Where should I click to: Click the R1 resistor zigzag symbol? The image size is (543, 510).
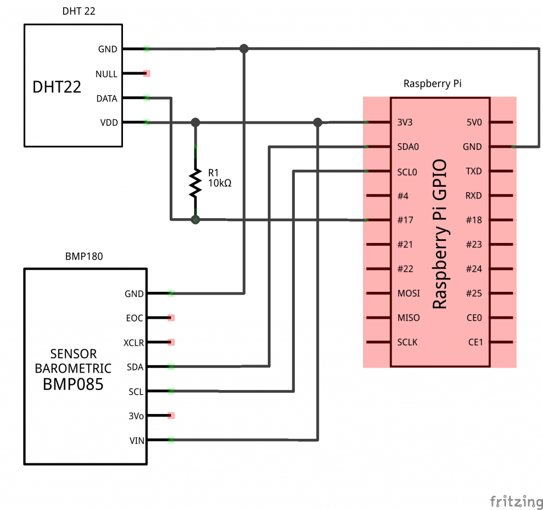tap(196, 183)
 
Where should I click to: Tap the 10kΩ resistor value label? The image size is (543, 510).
tap(220, 184)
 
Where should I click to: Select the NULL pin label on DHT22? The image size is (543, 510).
tap(107, 74)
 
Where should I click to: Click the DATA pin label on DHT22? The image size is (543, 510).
tap(107, 98)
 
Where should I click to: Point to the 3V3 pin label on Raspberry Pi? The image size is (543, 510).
tap(405, 122)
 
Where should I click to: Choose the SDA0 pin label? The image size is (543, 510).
tap(408, 146)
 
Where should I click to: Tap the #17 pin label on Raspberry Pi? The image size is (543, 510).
tap(406, 220)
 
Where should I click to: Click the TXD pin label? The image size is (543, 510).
tap(474, 171)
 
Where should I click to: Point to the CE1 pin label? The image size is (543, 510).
tap(475, 342)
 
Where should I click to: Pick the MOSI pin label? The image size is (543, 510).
tap(408, 293)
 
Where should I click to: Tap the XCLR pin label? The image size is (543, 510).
tap(133, 342)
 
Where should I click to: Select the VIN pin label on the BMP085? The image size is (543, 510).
tap(136, 440)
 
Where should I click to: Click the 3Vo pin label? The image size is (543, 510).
tap(136, 416)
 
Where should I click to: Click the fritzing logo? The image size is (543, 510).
tap(512, 500)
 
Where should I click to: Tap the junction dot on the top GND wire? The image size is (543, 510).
tap(244, 49)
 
